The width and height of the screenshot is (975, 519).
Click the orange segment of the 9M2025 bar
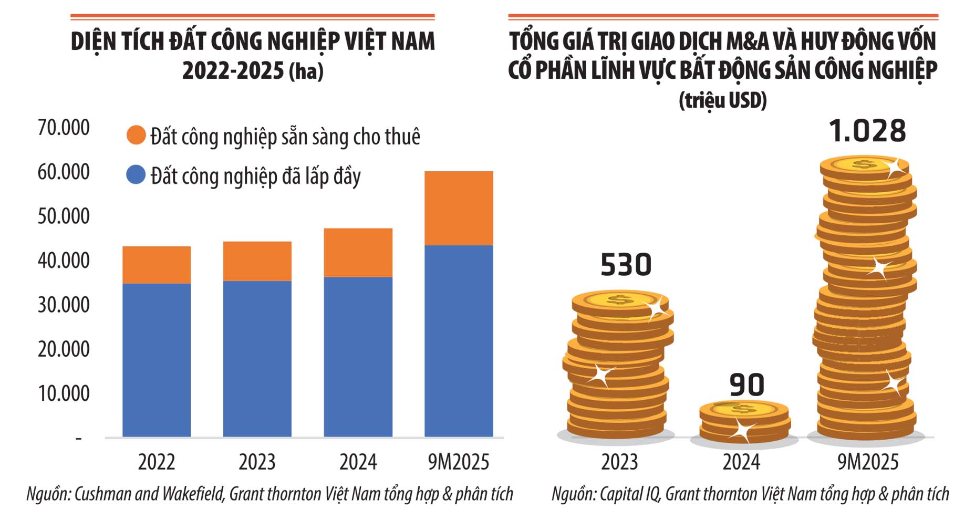(x=459, y=208)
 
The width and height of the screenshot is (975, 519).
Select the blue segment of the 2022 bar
(x=157, y=360)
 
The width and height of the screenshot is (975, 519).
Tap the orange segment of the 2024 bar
(x=358, y=252)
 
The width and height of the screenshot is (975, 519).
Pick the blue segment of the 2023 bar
(x=257, y=358)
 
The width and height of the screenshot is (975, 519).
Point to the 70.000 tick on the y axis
(x=64, y=128)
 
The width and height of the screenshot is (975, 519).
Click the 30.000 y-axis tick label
(x=64, y=305)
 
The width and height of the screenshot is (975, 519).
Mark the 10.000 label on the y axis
(x=64, y=393)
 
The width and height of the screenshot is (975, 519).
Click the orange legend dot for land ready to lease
(x=136, y=135)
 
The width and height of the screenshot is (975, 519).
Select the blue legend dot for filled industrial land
(x=136, y=174)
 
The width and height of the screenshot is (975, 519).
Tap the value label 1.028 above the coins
(x=867, y=131)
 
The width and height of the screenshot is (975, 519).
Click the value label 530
(x=626, y=265)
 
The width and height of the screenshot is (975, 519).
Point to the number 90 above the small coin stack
(x=746, y=385)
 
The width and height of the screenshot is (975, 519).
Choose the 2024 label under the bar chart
(x=358, y=462)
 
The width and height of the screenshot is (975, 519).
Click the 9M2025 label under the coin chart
(x=867, y=462)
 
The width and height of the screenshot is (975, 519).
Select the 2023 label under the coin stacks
(x=619, y=462)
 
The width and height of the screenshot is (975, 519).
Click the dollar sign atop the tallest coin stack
(x=864, y=164)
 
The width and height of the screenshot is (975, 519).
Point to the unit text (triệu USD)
(x=723, y=100)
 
